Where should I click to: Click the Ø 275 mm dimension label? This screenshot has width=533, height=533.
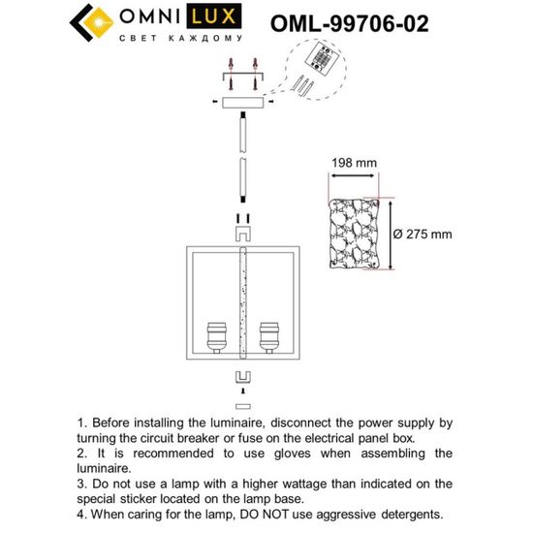click(x=423, y=235)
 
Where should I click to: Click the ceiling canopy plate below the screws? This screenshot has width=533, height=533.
click(x=240, y=102)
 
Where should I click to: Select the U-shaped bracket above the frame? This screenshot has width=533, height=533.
click(x=240, y=233)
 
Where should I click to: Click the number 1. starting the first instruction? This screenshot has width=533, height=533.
click(x=80, y=423)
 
